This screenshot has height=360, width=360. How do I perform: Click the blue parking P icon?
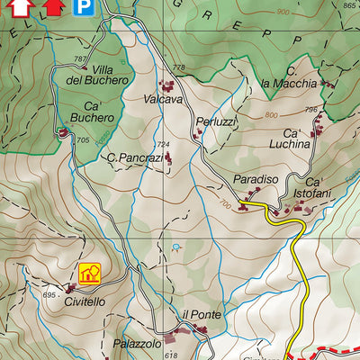click(x=84, y=8)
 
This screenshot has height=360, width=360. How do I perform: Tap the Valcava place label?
click(x=163, y=100)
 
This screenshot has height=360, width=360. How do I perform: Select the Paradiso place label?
click(x=256, y=180)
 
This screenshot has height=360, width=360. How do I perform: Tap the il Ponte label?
click(x=201, y=314)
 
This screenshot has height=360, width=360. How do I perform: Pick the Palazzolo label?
click(x=137, y=344)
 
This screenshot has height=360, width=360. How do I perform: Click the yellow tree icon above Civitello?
click(x=89, y=273)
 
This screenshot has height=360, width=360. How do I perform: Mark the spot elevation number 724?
click(x=163, y=144)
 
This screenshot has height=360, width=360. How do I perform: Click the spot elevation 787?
click(x=79, y=59)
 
